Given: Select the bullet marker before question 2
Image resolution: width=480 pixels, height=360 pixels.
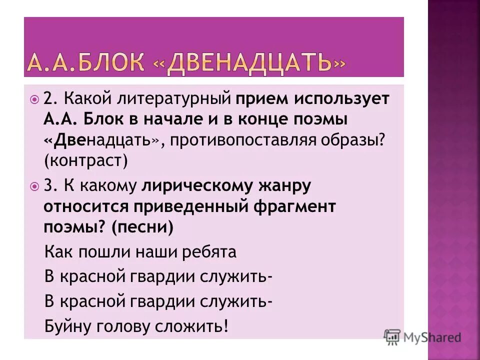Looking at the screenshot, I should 34,99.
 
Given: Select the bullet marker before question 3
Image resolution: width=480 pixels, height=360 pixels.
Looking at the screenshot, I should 34,186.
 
